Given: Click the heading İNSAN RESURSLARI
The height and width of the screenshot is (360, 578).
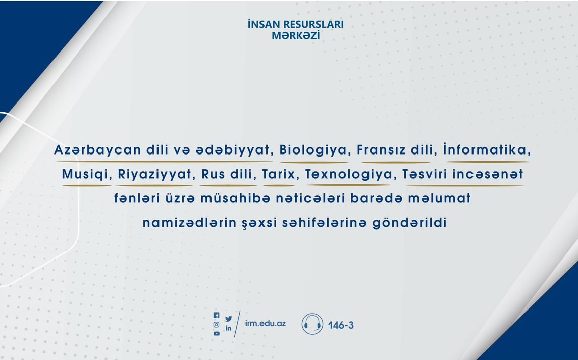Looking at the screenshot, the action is (x=296, y=24).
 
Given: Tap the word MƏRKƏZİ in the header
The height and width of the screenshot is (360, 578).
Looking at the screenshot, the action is (x=296, y=35).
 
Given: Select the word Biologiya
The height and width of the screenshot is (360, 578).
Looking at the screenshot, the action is (x=313, y=150).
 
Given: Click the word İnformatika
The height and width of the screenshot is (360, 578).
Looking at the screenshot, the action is (x=487, y=149).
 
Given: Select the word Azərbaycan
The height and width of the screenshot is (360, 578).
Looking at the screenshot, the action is (x=98, y=150).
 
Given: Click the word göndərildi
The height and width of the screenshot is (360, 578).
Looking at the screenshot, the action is (x=409, y=223).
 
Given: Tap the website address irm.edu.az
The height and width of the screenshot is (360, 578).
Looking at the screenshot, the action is (x=266, y=324).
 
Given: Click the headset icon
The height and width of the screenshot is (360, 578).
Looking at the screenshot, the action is (x=312, y=324).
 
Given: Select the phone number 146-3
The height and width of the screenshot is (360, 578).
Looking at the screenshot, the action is (x=341, y=325).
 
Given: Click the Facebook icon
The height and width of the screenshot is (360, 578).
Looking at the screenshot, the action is (x=217, y=315).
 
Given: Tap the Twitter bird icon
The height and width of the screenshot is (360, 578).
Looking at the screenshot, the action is (x=229, y=319).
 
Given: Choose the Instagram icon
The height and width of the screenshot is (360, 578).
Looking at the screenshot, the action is (x=217, y=325).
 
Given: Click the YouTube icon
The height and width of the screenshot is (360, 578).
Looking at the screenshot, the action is (x=217, y=333).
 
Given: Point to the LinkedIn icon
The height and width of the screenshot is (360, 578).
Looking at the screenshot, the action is (x=229, y=328).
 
